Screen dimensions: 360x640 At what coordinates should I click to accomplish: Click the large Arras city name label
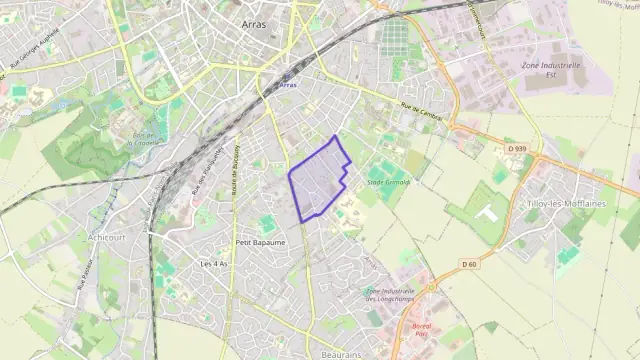pos(254,23)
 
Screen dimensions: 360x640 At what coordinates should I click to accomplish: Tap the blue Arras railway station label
pos(288,86)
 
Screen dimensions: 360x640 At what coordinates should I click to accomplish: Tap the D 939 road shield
pos(516,149)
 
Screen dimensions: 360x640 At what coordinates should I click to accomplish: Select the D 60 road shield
pos(470,264)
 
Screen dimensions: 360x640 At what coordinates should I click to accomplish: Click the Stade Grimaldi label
pos(389,183)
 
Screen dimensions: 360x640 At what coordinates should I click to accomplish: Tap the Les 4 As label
pos(214,264)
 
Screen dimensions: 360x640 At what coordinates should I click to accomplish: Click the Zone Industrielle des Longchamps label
pos(393,296)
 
